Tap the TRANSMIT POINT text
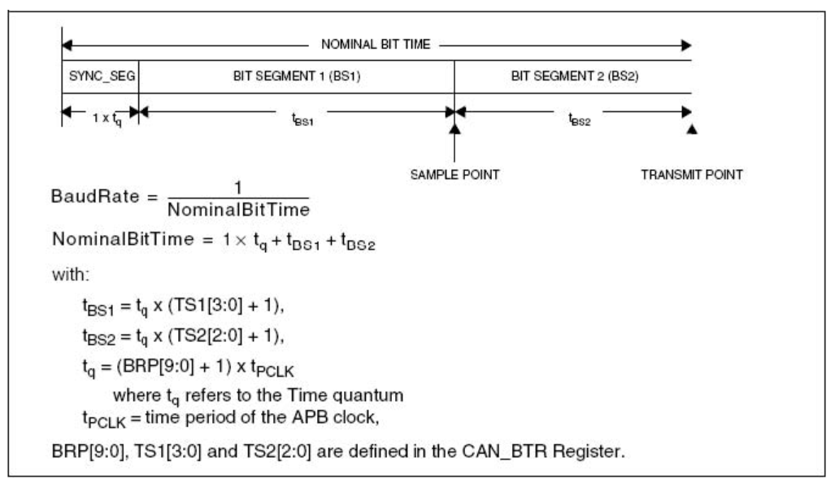(692, 173)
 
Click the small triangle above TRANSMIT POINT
(691, 130)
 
